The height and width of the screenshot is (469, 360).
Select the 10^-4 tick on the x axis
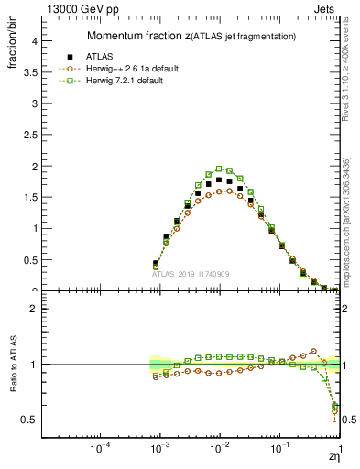click(99, 451)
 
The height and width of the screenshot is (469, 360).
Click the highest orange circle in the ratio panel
click(313, 351)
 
